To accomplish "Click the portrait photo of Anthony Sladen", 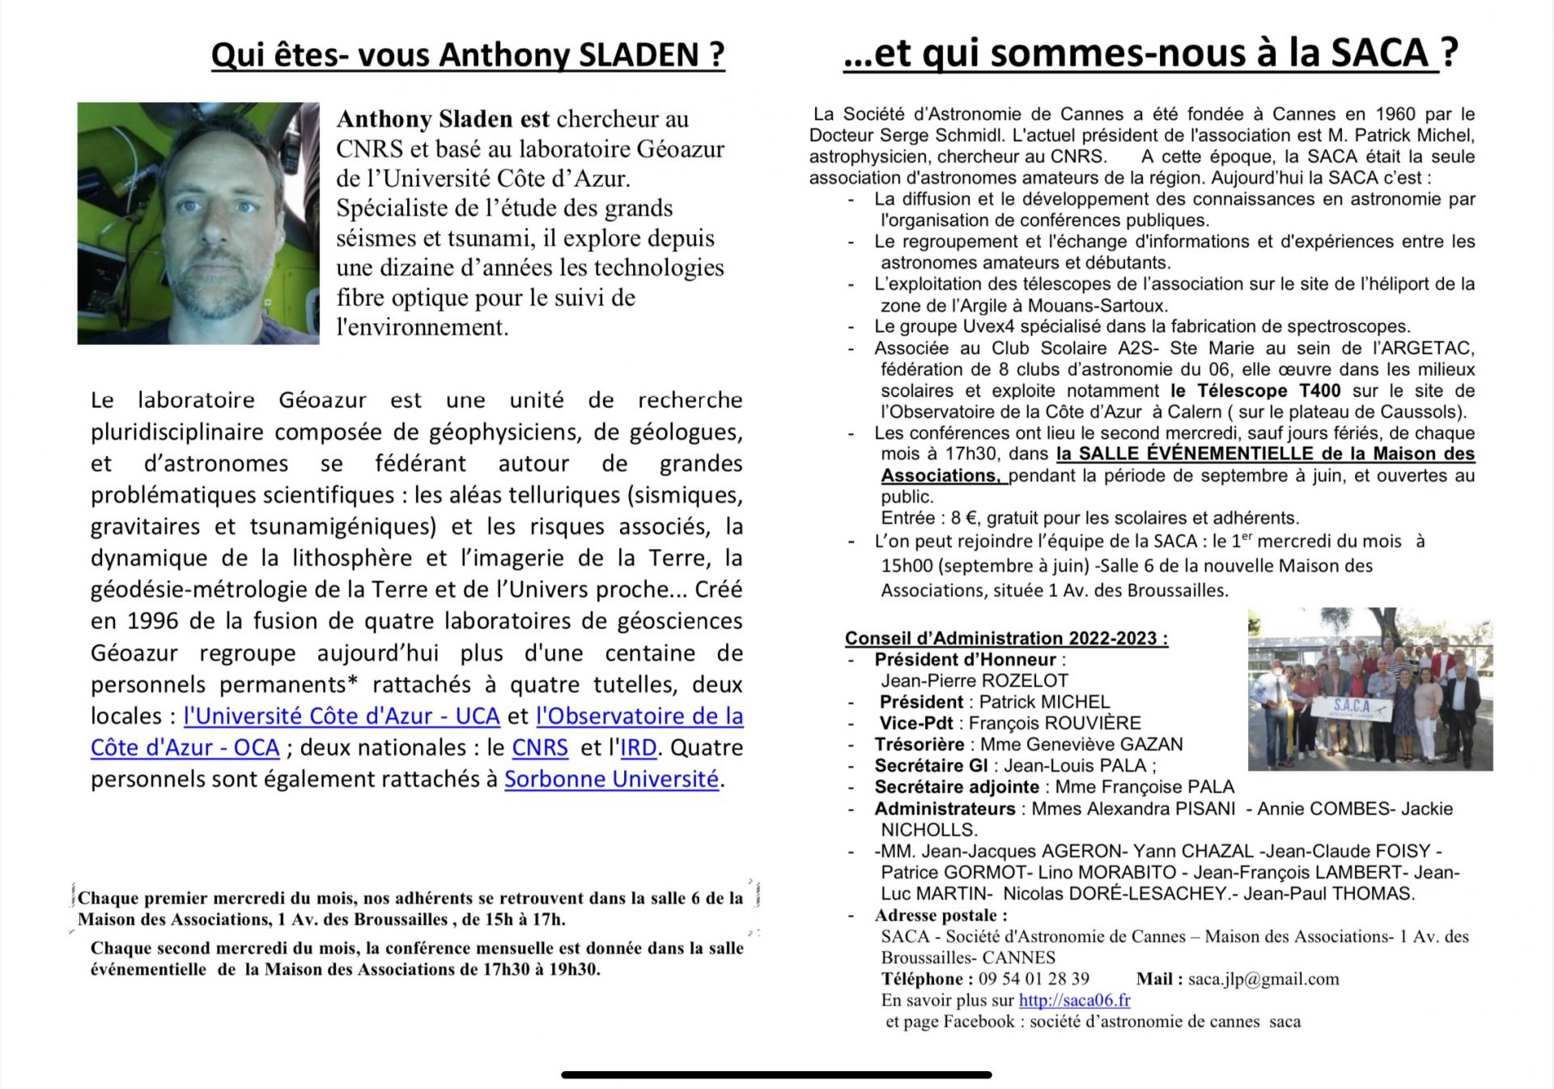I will pos(198,223).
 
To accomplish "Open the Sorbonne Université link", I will pos(611,779).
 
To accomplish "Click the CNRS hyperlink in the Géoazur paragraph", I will pos(540,747).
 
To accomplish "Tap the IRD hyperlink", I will pos(638,747).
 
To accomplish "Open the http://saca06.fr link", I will pos(1074,1000).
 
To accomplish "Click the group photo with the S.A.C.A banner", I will pos(1369,688).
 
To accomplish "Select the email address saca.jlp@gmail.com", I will pos(1263,979).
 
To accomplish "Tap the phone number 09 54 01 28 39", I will pos(1034,979).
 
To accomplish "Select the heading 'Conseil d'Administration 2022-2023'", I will pos(1006,638).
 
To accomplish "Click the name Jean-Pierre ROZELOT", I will pos(974,681).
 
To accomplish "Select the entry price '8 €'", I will pos(962,518).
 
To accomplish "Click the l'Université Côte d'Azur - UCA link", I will pos(342,716).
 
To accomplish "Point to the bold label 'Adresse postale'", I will pos(940,916).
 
